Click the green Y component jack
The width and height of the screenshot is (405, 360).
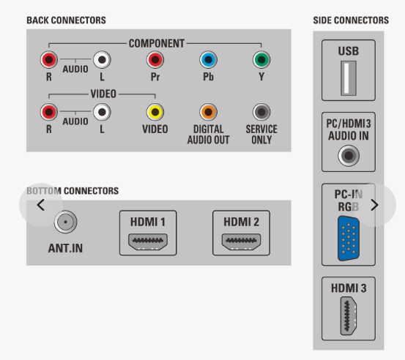pyautogui.click(x=261, y=59)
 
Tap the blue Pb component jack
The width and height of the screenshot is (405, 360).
pyautogui.click(x=208, y=59)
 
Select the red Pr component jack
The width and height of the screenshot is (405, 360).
pyautogui.click(x=155, y=59)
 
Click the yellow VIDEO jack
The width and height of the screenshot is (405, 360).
pyautogui.click(x=155, y=112)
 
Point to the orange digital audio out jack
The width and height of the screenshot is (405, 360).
pyautogui.click(x=208, y=112)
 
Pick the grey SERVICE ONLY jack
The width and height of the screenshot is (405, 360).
pyautogui.click(x=261, y=112)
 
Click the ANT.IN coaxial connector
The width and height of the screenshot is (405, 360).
pyautogui.click(x=66, y=222)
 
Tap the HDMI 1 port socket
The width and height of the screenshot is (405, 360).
pyautogui.click(x=148, y=241)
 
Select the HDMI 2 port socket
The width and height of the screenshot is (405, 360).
pyautogui.click(x=241, y=241)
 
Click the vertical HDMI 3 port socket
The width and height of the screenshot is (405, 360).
pyautogui.click(x=349, y=315)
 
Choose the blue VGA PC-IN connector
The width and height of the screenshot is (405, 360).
pyautogui.click(x=349, y=239)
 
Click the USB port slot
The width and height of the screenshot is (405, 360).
pyautogui.click(x=349, y=78)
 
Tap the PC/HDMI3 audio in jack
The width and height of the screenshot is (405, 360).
pyautogui.click(x=349, y=156)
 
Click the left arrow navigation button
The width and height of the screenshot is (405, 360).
pyautogui.click(x=41, y=205)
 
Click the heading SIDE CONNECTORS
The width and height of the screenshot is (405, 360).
pyautogui.click(x=351, y=20)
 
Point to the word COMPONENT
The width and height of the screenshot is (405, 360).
pyautogui.click(x=157, y=43)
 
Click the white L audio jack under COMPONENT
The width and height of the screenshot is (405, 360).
pyautogui.click(x=102, y=59)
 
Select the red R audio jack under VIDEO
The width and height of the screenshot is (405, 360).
pyautogui.click(x=49, y=112)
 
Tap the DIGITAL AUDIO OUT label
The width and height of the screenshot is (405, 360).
pyautogui.click(x=208, y=135)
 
